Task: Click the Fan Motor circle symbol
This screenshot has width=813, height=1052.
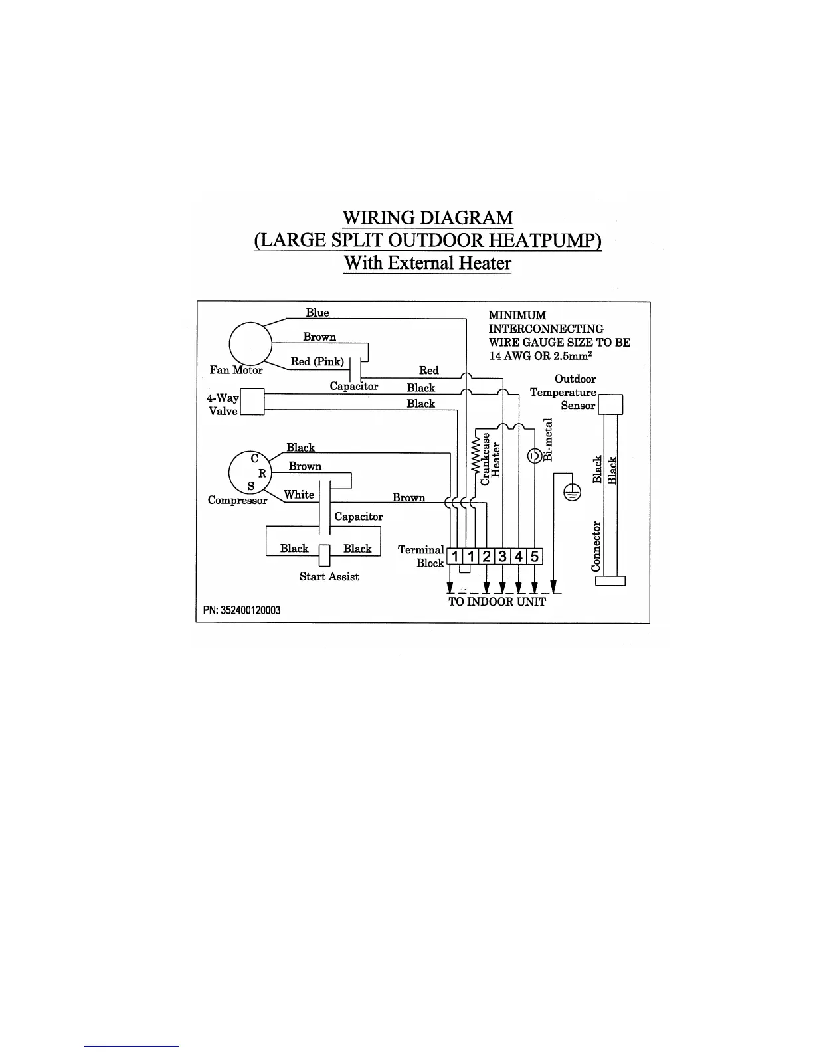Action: (x=250, y=343)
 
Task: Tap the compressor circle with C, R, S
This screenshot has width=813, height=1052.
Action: (x=250, y=472)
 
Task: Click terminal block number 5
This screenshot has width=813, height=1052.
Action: (x=535, y=556)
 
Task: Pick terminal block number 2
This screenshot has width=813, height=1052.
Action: (x=487, y=556)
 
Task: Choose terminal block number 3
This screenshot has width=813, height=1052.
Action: (x=503, y=556)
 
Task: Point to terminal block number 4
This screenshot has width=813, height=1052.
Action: (x=519, y=556)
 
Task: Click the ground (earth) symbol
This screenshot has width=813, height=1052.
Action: (x=573, y=492)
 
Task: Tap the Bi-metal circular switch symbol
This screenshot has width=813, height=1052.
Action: (x=534, y=456)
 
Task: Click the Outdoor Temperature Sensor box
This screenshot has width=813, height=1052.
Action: (x=611, y=404)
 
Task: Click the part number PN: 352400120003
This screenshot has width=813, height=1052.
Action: (x=242, y=610)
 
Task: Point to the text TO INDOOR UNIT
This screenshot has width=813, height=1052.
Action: (x=497, y=602)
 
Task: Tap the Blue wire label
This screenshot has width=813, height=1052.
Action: (x=317, y=313)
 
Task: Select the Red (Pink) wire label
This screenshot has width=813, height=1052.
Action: (x=317, y=362)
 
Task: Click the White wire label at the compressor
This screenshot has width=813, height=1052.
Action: (x=299, y=495)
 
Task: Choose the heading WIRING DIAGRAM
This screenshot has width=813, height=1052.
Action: (x=427, y=218)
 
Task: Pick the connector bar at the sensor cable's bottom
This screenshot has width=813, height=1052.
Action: (x=610, y=581)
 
